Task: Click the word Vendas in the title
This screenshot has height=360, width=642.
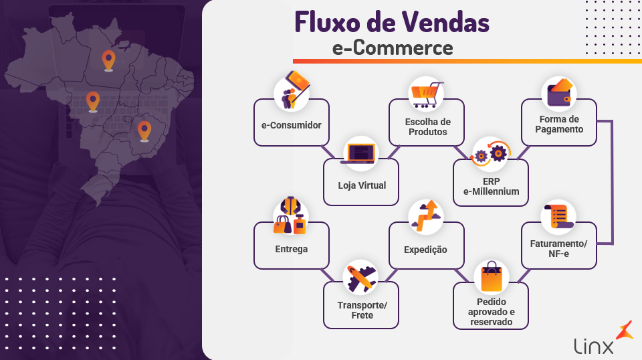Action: [x=444, y=23]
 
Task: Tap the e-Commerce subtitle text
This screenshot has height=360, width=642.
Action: [x=393, y=48]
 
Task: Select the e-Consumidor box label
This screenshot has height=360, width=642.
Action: [x=291, y=125]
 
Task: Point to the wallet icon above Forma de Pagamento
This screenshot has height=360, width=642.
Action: [x=559, y=94]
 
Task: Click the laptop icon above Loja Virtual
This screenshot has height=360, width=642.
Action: [x=360, y=153]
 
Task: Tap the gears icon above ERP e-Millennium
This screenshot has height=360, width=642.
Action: [x=491, y=153]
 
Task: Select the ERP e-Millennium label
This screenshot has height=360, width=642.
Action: [x=491, y=186]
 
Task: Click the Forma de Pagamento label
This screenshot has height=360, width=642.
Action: [x=560, y=124]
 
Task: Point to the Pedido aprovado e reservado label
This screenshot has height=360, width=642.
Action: [x=491, y=312]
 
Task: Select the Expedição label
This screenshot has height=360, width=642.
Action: [x=425, y=250]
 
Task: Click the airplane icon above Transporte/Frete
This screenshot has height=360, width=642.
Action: [x=360, y=277]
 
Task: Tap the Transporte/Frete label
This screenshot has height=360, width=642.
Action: [x=362, y=310]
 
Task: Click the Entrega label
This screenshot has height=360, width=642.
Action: [x=291, y=249]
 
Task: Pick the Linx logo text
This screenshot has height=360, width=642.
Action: [x=593, y=345]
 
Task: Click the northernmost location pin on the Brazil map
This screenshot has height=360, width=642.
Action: [x=108, y=60]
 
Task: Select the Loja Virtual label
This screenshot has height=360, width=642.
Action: [x=362, y=185]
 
